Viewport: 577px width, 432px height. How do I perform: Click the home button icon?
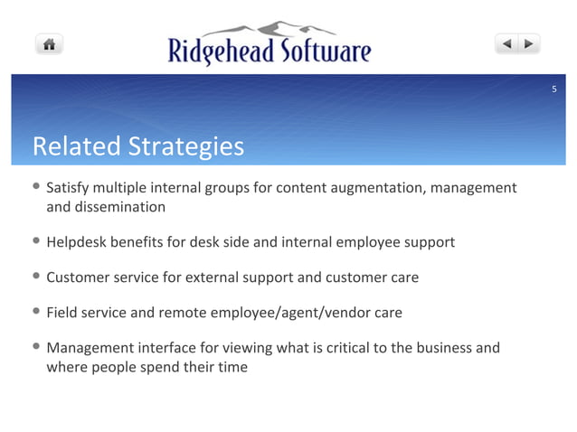click(x=49, y=43)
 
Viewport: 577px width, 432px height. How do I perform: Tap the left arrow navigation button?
click(x=506, y=42)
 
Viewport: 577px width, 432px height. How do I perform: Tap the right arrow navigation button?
click(x=529, y=42)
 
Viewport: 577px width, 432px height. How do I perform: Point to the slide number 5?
click(x=554, y=88)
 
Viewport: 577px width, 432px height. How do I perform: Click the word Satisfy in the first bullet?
click(x=68, y=188)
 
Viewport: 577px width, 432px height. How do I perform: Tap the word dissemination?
click(x=120, y=207)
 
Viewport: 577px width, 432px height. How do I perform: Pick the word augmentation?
click(x=371, y=188)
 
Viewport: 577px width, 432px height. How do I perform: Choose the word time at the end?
click(x=231, y=367)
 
